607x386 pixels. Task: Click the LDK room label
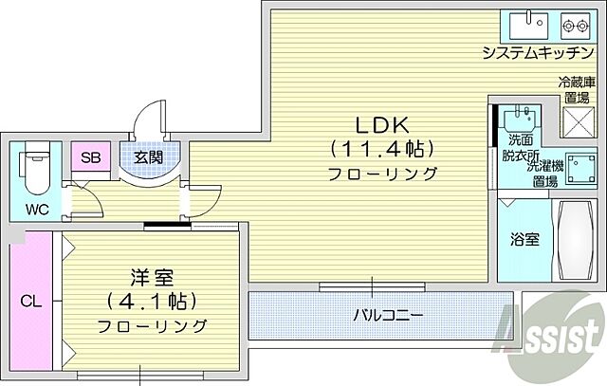coord(381,125)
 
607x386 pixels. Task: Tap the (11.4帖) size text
coord(381,149)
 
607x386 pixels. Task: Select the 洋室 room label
coord(151,280)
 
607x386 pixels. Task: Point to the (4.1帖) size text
coord(152,303)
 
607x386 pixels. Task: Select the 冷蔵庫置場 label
coord(576,90)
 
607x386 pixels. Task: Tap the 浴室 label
coord(525,239)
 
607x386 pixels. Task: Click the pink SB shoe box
coord(91,157)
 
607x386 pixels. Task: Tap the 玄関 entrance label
coord(147,157)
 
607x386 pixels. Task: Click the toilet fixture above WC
coord(35,165)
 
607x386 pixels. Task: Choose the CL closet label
coord(31,303)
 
